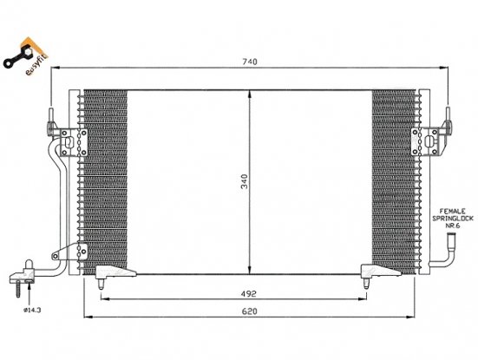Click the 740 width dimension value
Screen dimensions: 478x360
click(x=250, y=62)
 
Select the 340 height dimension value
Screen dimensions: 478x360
click(x=245, y=181)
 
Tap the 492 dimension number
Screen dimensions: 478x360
click(x=249, y=294)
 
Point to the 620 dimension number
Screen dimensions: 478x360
click(x=249, y=311)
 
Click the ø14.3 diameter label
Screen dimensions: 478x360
click(x=32, y=311)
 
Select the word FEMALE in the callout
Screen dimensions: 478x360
click(x=452, y=211)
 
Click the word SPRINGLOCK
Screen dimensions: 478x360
click(x=453, y=219)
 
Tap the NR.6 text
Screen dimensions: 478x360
click(x=452, y=226)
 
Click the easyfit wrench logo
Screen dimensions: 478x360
click(x=25, y=56)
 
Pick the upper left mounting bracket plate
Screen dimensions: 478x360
click(x=74, y=142)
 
